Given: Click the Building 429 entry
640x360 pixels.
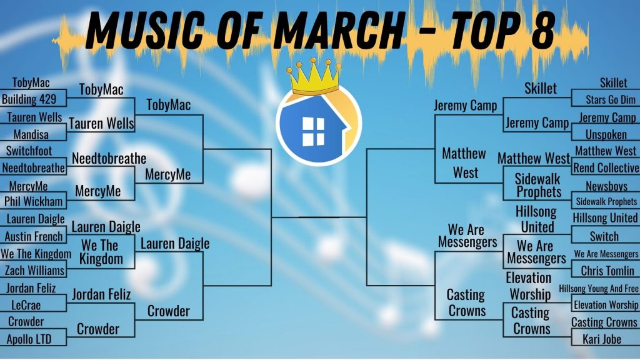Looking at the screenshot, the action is tap(29, 99).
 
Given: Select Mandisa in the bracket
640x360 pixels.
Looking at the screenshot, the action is tap(31, 134).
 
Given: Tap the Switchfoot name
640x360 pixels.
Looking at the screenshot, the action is tap(29, 151).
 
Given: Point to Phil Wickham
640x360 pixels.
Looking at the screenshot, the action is tap(34, 201).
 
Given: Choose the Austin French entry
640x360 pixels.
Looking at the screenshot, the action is tap(34, 236).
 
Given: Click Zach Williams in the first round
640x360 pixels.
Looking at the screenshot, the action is tap(35, 270).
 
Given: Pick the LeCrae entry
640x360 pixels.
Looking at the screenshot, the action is tap(26, 305).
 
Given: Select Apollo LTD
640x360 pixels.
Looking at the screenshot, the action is tap(29, 339).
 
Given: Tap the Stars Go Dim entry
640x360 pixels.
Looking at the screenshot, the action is tap(611, 99).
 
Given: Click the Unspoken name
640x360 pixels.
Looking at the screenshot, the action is tap(606, 134).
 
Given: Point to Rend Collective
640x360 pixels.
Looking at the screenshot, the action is tap(606, 167).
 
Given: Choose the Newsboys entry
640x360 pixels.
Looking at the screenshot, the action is tap(606, 186).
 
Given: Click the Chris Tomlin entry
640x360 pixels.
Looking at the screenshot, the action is tap(607, 271).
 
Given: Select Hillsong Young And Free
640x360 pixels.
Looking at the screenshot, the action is tap(598, 289).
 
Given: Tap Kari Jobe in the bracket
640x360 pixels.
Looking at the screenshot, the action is tap(602, 339).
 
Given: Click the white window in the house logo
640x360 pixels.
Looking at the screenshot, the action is tap(313, 132).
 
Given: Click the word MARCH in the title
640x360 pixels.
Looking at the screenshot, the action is tap(338, 30).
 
